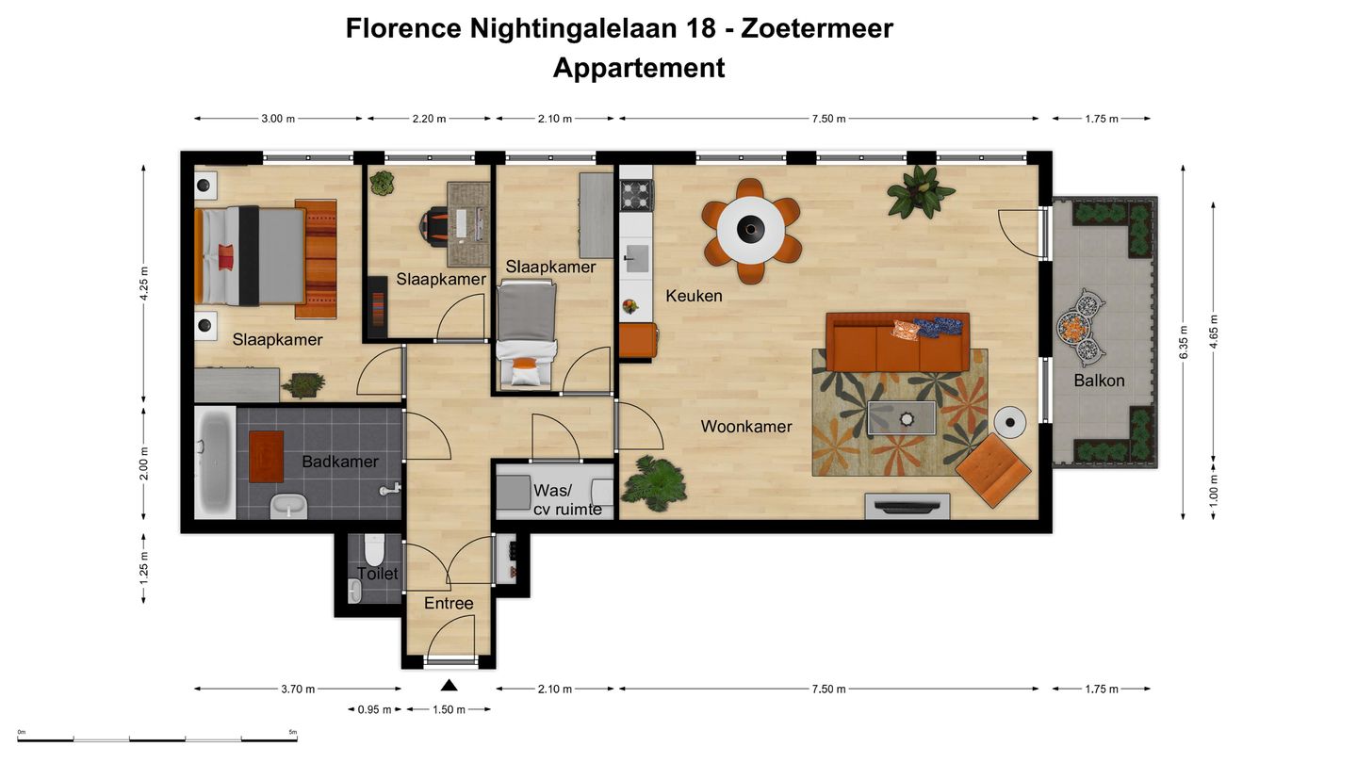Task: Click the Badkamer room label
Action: tap(339, 462)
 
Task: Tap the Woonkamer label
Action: tap(745, 427)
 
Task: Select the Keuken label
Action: tap(694, 296)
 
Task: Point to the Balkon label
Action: tap(1099, 381)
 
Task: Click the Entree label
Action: tap(449, 603)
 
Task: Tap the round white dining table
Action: tap(751, 229)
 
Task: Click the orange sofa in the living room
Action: tap(896, 343)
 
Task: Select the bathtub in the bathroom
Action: tap(215, 462)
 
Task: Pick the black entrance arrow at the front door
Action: tap(450, 686)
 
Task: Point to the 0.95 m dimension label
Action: tap(374, 709)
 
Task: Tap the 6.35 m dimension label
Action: tap(1184, 341)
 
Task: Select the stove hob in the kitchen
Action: tap(635, 195)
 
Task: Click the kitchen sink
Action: tap(637, 256)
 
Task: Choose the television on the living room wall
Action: tap(907, 506)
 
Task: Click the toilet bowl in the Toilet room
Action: tap(373, 548)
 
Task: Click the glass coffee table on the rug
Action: tap(902, 417)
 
